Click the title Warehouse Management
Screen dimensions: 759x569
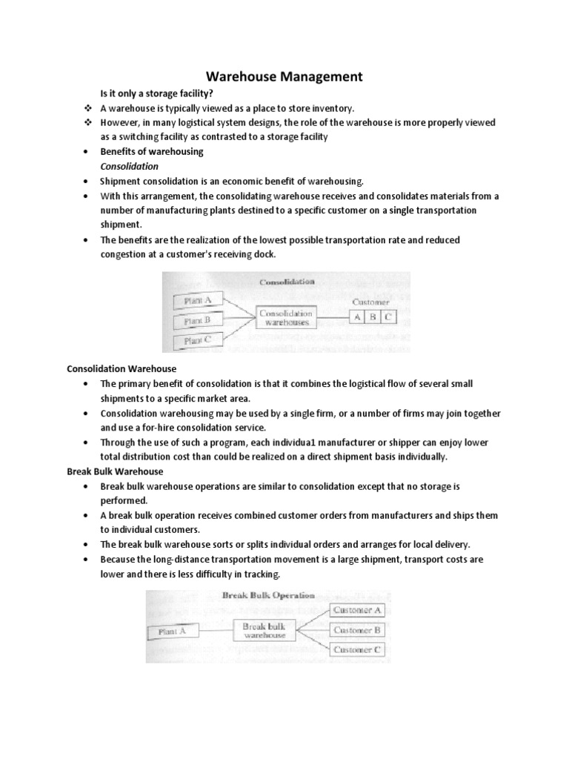coord(284,76)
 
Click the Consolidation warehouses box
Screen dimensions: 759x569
coord(285,318)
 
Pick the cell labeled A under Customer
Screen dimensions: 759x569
coord(358,316)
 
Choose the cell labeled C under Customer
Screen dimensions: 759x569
coord(389,316)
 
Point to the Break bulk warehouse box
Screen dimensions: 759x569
coord(264,630)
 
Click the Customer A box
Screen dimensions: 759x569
coord(357,610)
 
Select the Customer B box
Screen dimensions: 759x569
coord(357,630)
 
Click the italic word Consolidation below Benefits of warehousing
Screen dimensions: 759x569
coord(129,166)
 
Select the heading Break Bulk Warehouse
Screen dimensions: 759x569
coord(115,471)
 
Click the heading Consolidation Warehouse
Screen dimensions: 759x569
coord(122,368)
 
